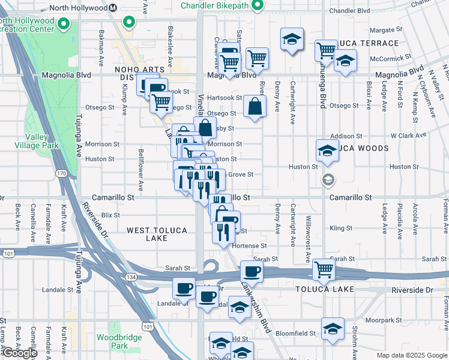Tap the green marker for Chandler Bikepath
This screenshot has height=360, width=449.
pyautogui.click(x=258, y=6)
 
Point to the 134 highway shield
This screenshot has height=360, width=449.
pyautogui.click(x=130, y=277)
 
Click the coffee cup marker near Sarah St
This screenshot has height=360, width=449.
pyautogui.click(x=252, y=271)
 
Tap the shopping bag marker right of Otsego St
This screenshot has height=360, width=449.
pyautogui.click(x=255, y=106)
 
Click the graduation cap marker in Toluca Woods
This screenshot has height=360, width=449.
pyautogui.click(x=327, y=150)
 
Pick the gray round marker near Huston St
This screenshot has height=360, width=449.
pyautogui.click(x=328, y=178)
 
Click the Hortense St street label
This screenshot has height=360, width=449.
pyautogui.click(x=249, y=246)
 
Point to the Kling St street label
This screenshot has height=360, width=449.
pyautogui.click(x=340, y=229)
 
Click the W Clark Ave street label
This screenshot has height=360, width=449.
pyautogui.click(x=408, y=136)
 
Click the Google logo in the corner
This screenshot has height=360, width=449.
pyautogui.click(x=20, y=353)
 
